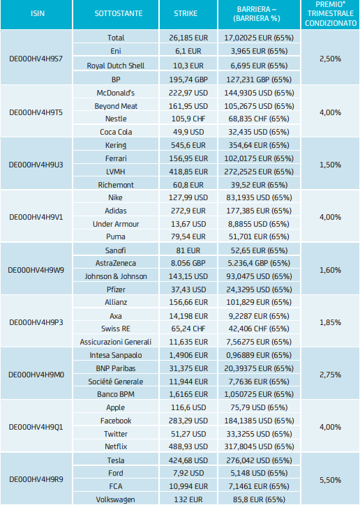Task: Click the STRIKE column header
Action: point(186,13)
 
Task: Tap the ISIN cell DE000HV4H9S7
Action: point(36,59)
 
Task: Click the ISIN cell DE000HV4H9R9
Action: point(36,480)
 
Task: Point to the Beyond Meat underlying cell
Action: point(116,106)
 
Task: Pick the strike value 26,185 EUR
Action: point(188,38)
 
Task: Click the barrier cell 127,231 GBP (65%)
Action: point(259,80)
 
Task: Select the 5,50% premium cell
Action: point(331,480)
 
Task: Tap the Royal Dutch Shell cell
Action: point(116,66)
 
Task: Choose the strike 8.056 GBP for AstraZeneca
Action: point(188,263)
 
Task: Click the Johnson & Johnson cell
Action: point(116,276)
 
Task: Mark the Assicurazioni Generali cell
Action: point(116,342)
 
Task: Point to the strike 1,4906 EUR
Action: point(188,355)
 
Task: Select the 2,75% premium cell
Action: point(331,375)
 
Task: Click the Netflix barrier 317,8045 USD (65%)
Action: point(259,446)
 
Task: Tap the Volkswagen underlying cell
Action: point(116,499)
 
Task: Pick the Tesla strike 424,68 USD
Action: point(188,460)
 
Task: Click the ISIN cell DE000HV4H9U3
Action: point(36,165)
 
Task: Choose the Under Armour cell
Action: point(116,224)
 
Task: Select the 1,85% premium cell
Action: point(331,322)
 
